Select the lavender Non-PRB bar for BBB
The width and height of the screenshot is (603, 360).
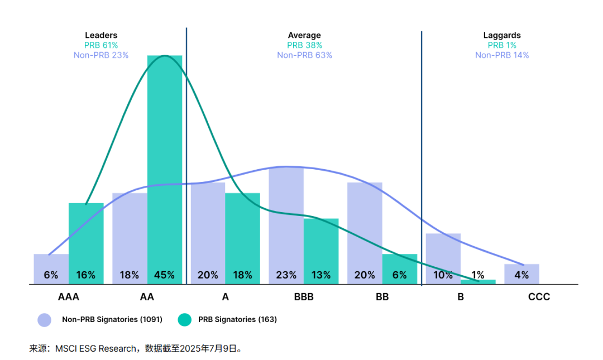pos(286,223)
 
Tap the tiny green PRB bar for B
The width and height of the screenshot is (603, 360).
pos(478,282)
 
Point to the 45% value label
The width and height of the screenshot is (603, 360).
pos(164,275)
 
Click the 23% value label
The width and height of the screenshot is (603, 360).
pos(286,275)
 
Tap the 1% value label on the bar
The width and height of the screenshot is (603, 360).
pos(478,275)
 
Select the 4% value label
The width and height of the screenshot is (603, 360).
pos(521,275)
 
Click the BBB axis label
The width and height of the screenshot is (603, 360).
pos(304,297)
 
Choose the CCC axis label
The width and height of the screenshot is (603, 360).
pos(539,297)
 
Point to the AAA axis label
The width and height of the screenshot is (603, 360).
pos(69,297)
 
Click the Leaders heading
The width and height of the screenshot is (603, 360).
pos(101,35)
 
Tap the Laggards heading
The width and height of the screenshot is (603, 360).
pos(502,35)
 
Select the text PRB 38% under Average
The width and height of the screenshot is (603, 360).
pos(304,45)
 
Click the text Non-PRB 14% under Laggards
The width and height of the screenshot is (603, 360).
pos(502,55)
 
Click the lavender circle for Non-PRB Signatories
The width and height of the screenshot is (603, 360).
pos(45,320)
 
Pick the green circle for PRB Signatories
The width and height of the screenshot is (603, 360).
pos(184,320)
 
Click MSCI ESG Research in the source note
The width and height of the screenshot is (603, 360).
pos(95,349)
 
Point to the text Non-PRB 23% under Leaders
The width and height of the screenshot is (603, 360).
pos(101,55)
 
